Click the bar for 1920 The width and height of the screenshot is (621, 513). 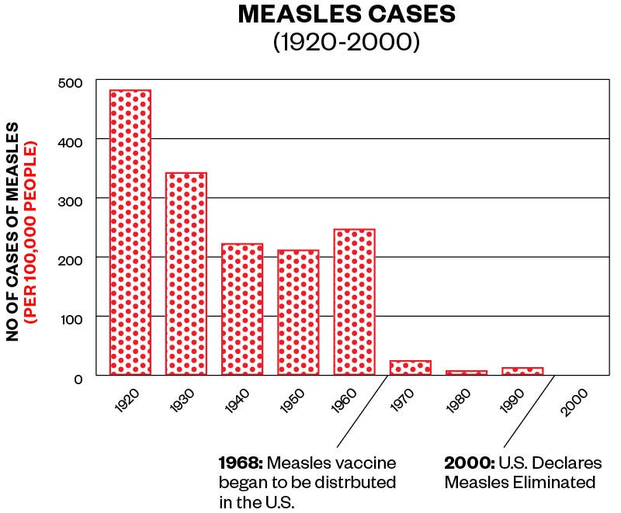pyautogui.click(x=130, y=233)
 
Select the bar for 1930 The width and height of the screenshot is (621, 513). pyautogui.click(x=186, y=274)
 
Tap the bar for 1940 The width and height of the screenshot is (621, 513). pyautogui.click(x=242, y=310)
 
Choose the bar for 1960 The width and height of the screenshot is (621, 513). pyautogui.click(x=355, y=303)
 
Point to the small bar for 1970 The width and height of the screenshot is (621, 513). pyautogui.click(x=411, y=368)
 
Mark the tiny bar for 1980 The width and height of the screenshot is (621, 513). pyautogui.click(x=467, y=373)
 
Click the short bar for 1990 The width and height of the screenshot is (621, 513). pyautogui.click(x=522, y=371)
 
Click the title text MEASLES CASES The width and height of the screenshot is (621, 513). pyautogui.click(x=346, y=14)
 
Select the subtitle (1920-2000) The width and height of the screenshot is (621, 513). pyautogui.click(x=346, y=40)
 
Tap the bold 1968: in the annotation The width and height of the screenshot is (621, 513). pyautogui.click(x=241, y=463)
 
